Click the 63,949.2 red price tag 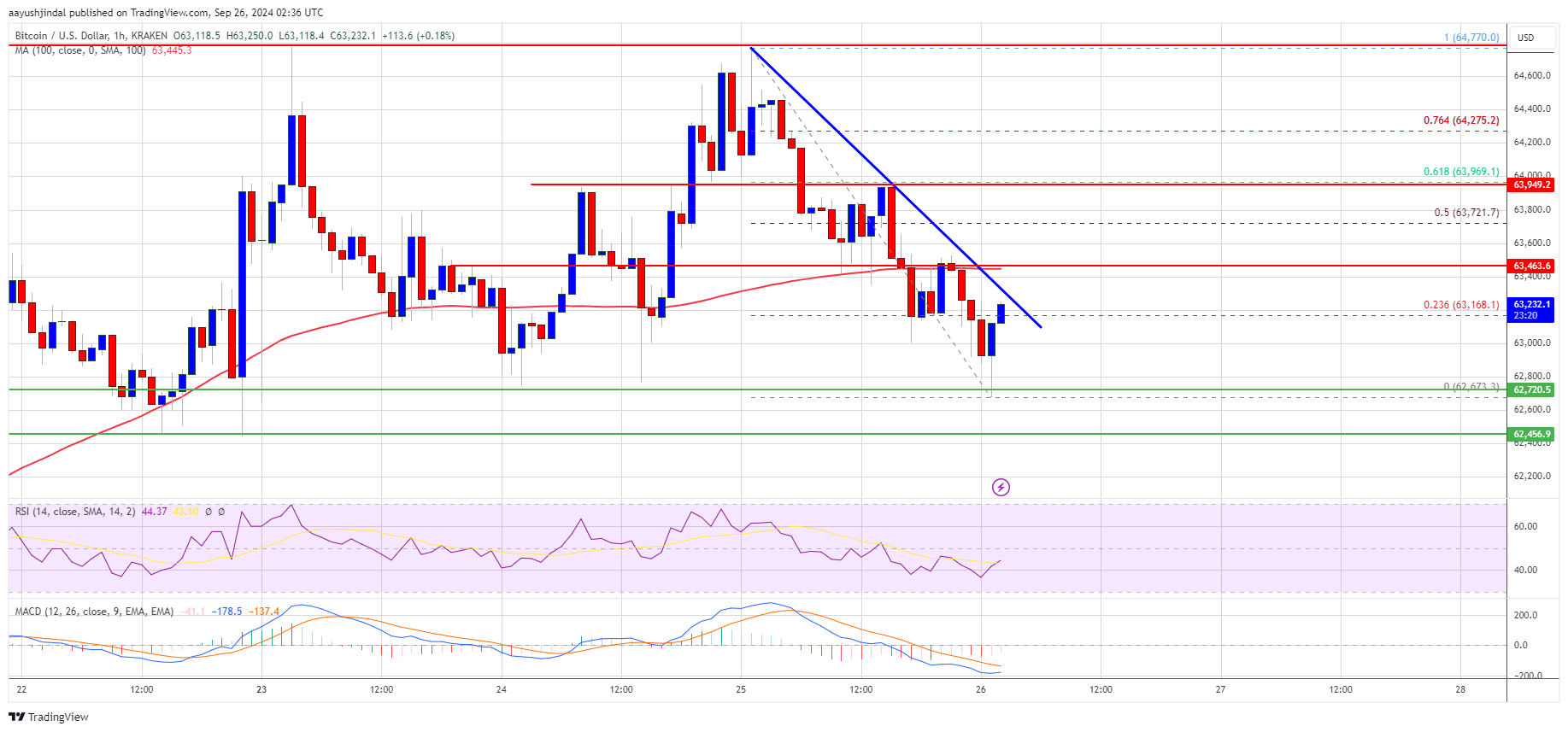click(1531, 184)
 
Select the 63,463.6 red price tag click(1531, 266)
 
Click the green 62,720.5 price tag click(1531, 389)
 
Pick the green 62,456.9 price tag click(1531, 434)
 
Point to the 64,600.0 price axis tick click(1531, 75)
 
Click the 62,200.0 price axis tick click(1531, 476)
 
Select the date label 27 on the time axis click(1220, 689)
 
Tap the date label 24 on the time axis click(502, 689)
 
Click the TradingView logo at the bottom click(49, 717)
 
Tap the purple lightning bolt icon click(1001, 487)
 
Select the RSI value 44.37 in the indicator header click(154, 512)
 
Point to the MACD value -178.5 click(228, 612)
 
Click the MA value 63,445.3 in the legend click(172, 50)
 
